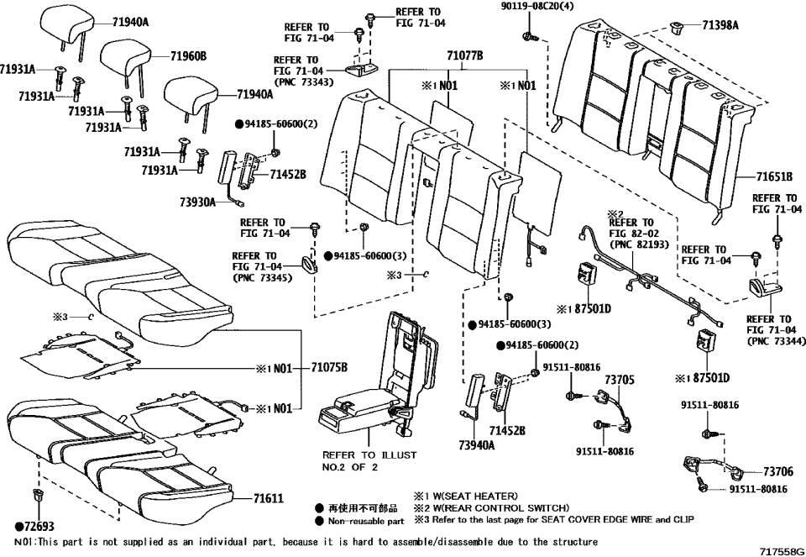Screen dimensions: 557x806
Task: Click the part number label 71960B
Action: [188, 56]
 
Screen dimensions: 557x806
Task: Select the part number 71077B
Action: [464, 56]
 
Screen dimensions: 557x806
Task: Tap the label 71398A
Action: [720, 26]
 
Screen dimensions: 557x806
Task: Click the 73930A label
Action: [197, 202]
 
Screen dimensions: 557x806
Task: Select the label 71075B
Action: [329, 367]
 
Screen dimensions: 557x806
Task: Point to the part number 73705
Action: [620, 380]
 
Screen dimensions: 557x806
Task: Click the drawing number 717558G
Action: [776, 549]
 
